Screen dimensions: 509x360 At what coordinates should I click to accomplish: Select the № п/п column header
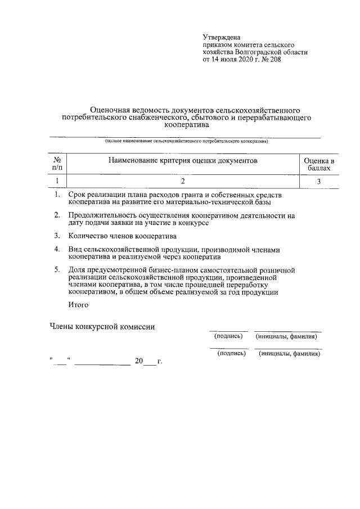pyautogui.click(x=57, y=164)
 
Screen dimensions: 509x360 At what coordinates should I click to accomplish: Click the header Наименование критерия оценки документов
pyautogui.click(x=182, y=161)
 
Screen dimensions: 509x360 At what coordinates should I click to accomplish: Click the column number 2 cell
pyautogui.click(x=183, y=181)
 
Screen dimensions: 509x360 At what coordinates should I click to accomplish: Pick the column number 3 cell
pyautogui.click(x=319, y=181)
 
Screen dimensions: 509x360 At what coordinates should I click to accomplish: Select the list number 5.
pyautogui.click(x=57, y=271)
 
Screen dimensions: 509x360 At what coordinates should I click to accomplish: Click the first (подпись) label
pyautogui.click(x=228, y=336)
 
